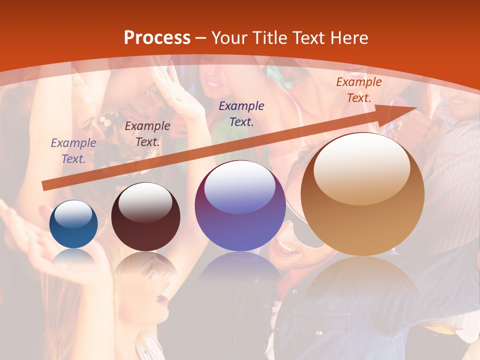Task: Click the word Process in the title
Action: pyautogui.click(x=157, y=38)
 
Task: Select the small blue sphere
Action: pyautogui.click(x=73, y=224)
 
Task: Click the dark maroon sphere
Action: pyautogui.click(x=145, y=217)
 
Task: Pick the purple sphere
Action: pyautogui.click(x=240, y=206)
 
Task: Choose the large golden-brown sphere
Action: pyautogui.click(x=362, y=194)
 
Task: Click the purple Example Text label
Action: pyautogui.click(x=73, y=151)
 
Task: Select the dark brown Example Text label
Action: pyautogui.click(x=147, y=134)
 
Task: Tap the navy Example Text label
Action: pyautogui.click(x=241, y=113)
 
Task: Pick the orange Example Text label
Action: pyautogui.click(x=358, y=90)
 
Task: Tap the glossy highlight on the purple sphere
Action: pyautogui.click(x=239, y=188)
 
